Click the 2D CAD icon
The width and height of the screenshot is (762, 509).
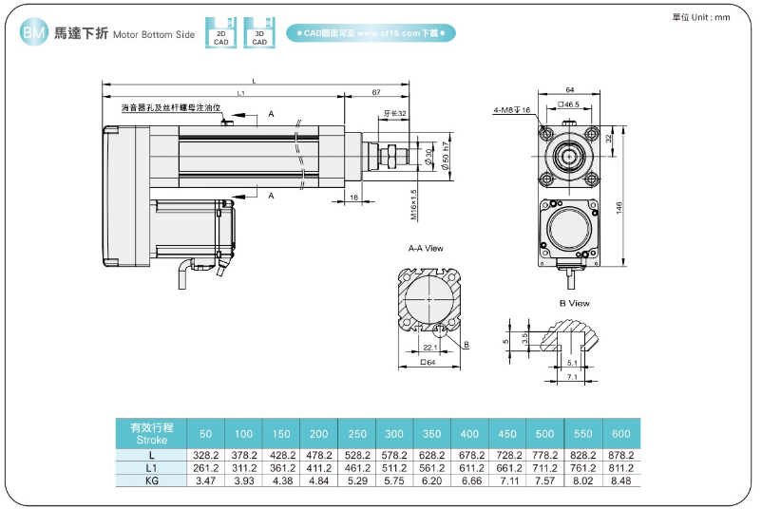[220, 33]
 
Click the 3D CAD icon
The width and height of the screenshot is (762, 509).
[258, 33]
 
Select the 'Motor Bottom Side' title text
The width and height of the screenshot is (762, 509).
[154, 34]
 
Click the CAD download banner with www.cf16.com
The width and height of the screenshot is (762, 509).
[371, 33]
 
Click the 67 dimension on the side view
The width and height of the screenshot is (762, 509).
[376, 93]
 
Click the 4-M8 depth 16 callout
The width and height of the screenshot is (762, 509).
[510, 110]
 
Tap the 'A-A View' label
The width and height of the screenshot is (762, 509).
[426, 248]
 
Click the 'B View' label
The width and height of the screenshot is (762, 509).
[574, 304]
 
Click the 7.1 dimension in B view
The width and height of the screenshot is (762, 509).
[571, 377]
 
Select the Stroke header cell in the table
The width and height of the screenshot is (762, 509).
[151, 433]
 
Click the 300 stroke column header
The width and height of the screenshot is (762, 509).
[393, 434]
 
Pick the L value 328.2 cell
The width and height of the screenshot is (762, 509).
[206, 456]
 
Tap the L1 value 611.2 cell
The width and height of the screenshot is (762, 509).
[469, 468]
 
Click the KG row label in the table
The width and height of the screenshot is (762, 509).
[151, 481]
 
